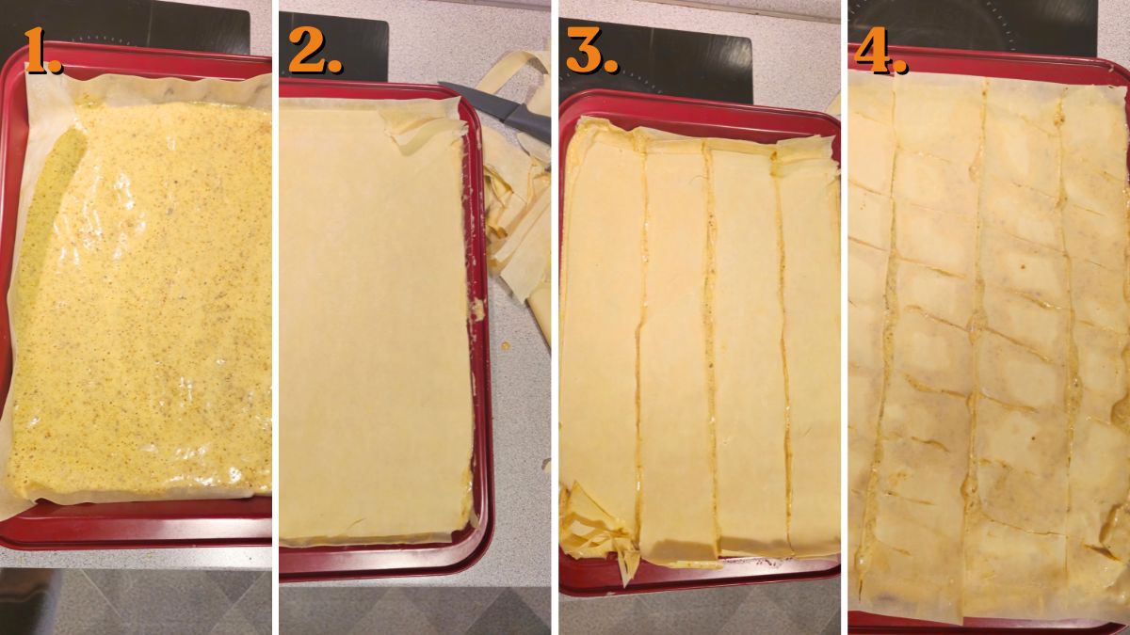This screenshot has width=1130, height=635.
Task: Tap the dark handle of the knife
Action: [x=527, y=119]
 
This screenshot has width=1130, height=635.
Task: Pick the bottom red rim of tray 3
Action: [x=716, y=576]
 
